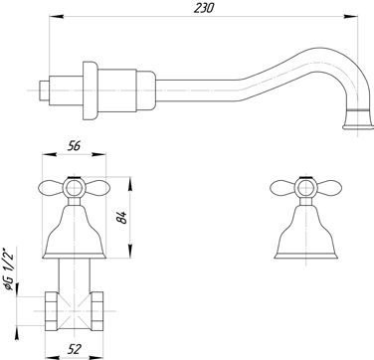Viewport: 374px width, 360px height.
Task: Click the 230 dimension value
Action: [x=203, y=7]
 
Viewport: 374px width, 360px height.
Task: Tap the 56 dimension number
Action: [x=74, y=146]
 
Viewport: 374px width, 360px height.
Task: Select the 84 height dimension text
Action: [x=122, y=218]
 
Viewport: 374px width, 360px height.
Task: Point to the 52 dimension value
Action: [x=74, y=349]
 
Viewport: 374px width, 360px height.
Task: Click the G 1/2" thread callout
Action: [x=9, y=269]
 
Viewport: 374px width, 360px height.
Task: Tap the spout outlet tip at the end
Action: [x=358, y=127]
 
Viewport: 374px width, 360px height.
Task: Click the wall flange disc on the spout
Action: [x=91, y=90]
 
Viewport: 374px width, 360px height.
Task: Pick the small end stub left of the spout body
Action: [x=44, y=90]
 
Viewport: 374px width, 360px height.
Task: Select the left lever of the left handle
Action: [x=51, y=188]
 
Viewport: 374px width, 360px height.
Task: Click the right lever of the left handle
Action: [x=97, y=188]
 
